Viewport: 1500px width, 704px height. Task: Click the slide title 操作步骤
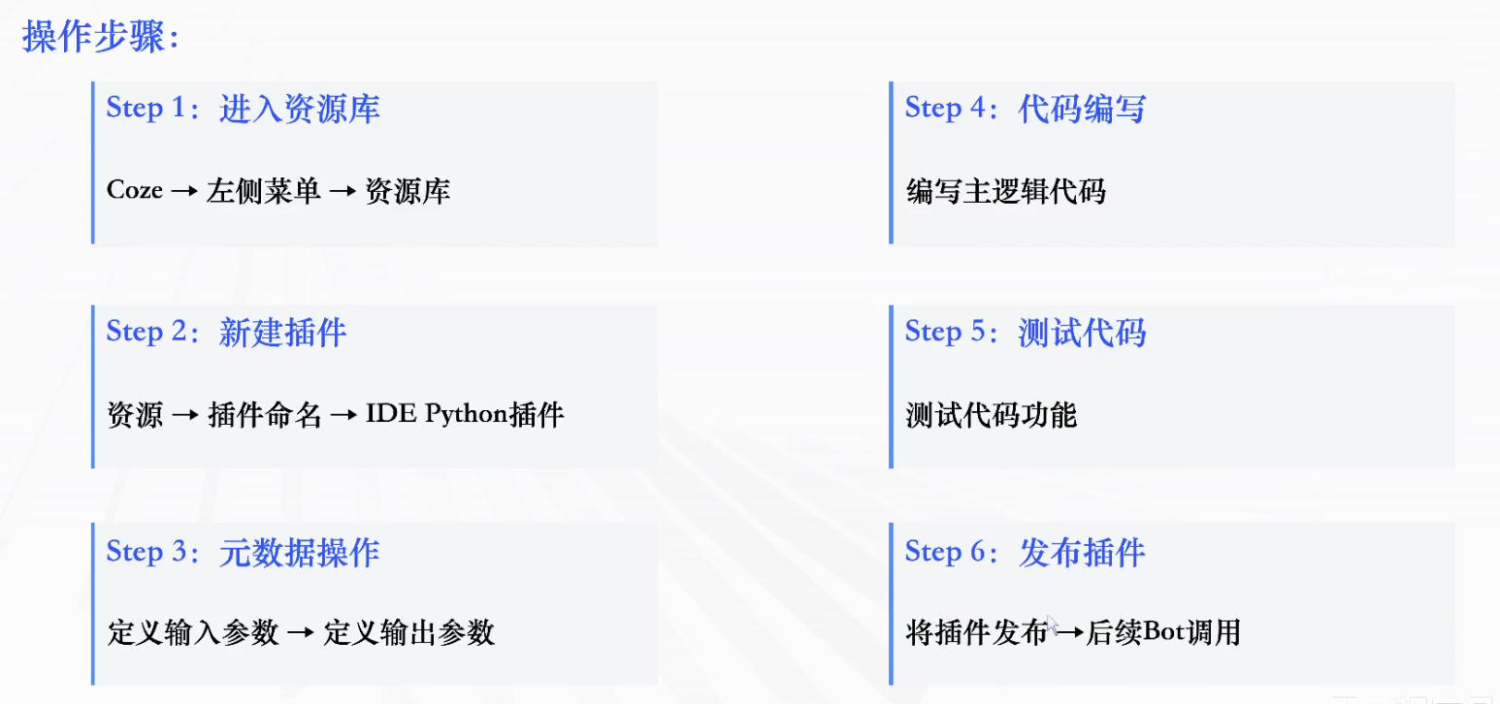click(101, 38)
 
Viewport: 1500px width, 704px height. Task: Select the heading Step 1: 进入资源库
click(243, 109)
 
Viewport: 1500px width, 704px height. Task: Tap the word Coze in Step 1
click(134, 191)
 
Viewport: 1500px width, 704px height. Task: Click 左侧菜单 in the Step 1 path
click(263, 191)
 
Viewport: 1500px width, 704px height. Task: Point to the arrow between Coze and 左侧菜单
click(184, 192)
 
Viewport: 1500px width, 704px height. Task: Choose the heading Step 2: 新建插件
click(226, 333)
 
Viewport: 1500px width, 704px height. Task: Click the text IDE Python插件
click(465, 415)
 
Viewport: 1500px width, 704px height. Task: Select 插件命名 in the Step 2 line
click(265, 415)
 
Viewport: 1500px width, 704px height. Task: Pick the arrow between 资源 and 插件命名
click(185, 416)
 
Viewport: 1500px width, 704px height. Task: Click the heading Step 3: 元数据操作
click(243, 553)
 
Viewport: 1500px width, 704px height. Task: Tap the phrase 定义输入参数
click(193, 633)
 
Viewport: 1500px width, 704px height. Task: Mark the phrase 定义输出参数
click(409, 633)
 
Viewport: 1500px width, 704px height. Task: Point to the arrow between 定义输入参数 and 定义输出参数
click(301, 634)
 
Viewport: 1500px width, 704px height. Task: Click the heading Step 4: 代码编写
click(1025, 109)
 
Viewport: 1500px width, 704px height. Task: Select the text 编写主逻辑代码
click(1005, 191)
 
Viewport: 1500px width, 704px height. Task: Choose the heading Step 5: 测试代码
click(1025, 333)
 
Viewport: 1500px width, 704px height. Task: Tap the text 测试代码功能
click(991, 415)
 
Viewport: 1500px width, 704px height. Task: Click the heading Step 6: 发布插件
click(1025, 553)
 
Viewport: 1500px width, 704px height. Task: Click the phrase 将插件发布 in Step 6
click(976, 633)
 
